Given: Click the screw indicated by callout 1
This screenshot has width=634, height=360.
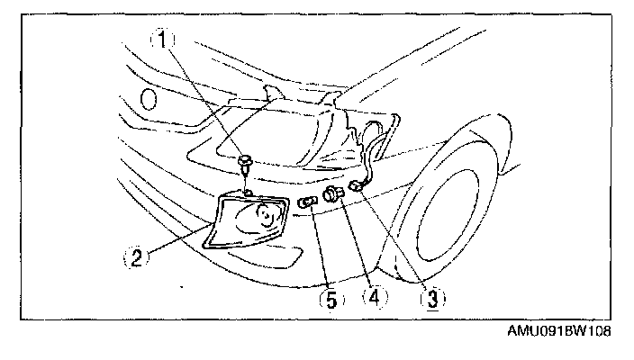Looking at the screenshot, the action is [x=246, y=164].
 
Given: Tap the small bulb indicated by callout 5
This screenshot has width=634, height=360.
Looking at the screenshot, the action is [x=307, y=202].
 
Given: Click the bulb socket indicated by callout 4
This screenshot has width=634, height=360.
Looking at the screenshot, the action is [x=334, y=194].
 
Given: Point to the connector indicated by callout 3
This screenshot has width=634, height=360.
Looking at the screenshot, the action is [x=357, y=186].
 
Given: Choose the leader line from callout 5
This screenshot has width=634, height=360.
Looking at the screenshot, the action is [x=320, y=247].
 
